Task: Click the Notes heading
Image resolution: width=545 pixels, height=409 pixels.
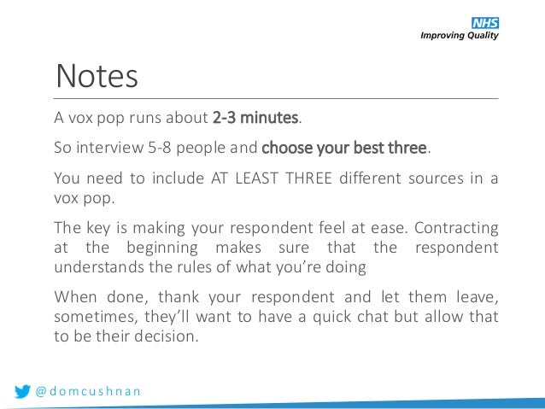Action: pyautogui.click(x=97, y=77)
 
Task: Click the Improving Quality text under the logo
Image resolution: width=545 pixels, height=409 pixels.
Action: pyautogui.click(x=459, y=36)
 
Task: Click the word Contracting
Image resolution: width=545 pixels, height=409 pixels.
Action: pyautogui.click(x=457, y=230)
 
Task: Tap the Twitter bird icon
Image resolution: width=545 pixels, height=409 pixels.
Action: pyautogui.click(x=23, y=391)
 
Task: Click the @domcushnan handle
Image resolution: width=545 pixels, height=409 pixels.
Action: pyautogui.click(x=89, y=391)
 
